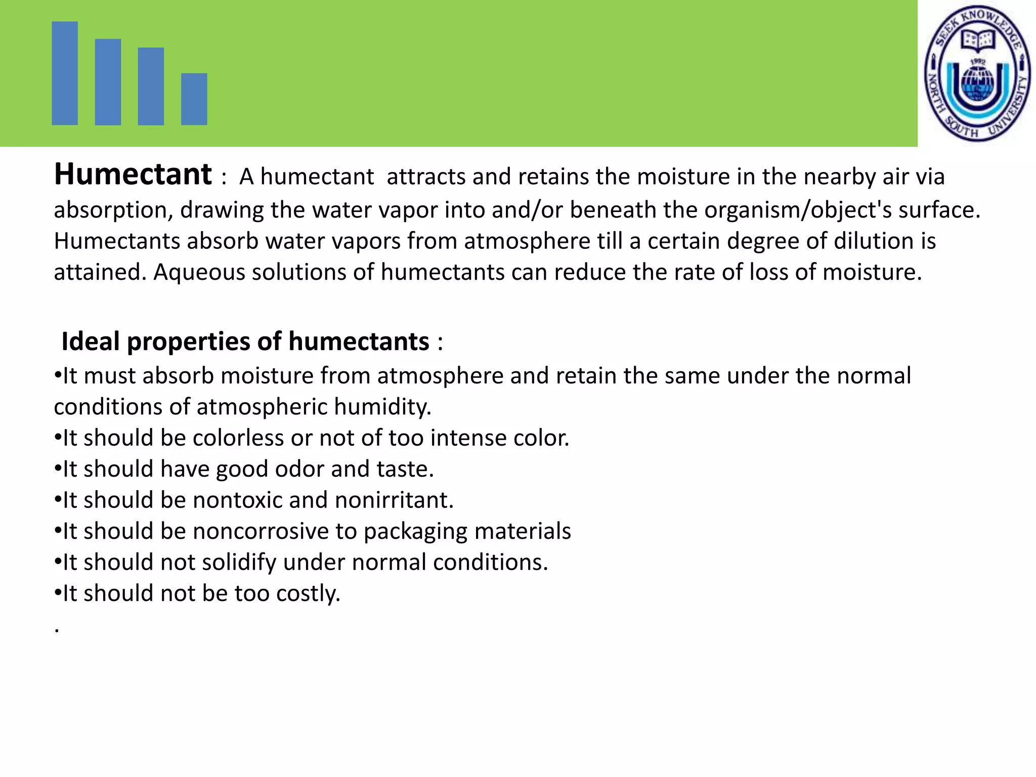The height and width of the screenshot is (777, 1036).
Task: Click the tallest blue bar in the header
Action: coord(65,73)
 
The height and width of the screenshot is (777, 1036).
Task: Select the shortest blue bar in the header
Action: coord(194,99)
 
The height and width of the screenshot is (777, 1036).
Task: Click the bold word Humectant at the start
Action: coord(133,175)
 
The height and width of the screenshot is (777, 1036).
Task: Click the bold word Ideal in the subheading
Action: coord(91,341)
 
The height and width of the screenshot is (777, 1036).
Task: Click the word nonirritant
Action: coord(394,500)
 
